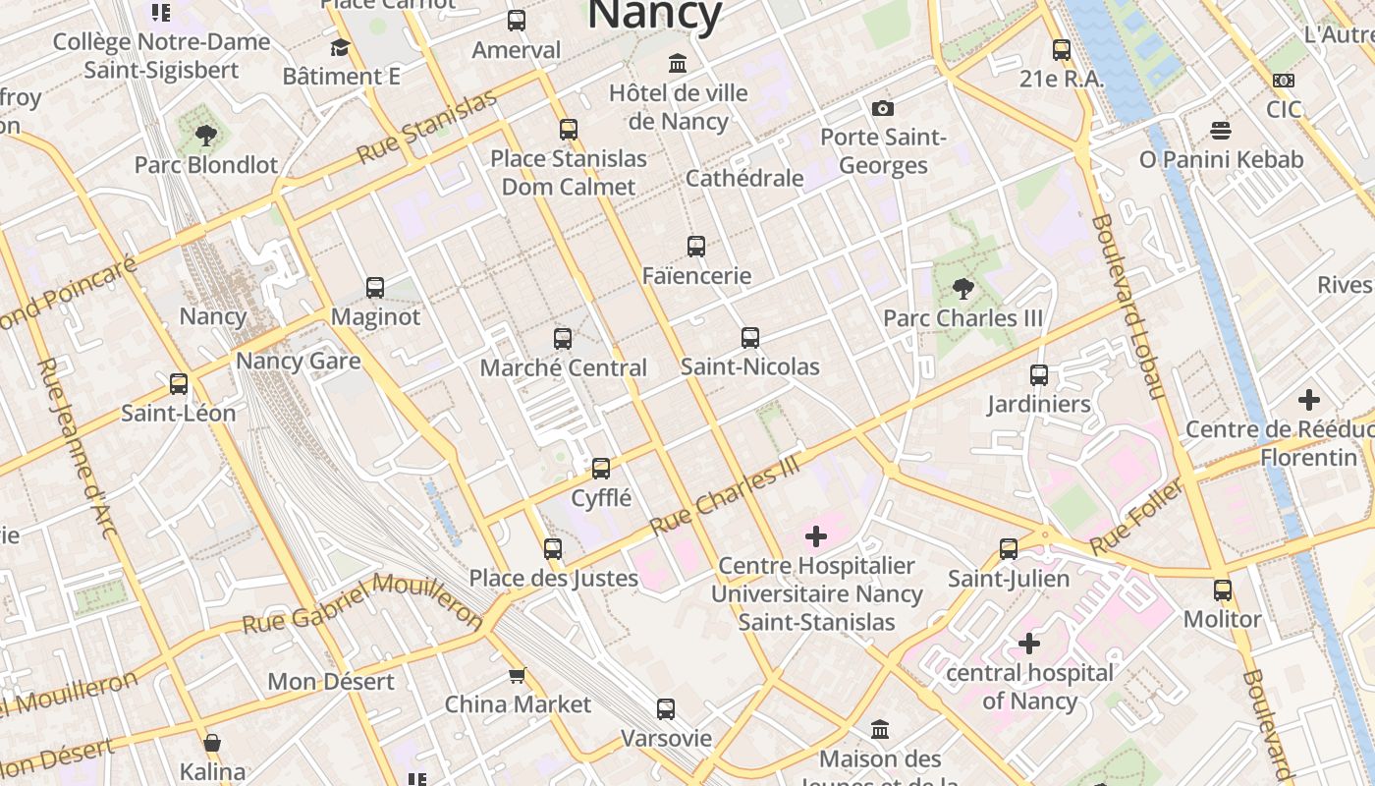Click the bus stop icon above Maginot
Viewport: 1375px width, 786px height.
coord(375,288)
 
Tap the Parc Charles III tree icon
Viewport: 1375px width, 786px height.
coord(962,289)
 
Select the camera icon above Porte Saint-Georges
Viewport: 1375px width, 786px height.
coord(882,108)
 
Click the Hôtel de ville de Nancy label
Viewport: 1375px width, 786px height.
coord(679,108)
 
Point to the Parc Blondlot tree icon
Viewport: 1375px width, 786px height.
coord(205,136)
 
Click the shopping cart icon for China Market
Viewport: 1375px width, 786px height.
coord(518,675)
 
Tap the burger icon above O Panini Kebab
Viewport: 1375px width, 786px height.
coord(1221,131)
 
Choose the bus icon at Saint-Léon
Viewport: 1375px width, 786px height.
coord(179,384)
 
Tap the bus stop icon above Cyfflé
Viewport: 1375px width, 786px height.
coord(601,469)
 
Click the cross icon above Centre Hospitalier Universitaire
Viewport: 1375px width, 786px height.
coord(816,536)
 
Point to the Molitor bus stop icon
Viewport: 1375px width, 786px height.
coord(1223,590)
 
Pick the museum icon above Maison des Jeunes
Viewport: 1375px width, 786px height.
coord(880,730)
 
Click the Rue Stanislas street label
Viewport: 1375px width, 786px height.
coord(427,127)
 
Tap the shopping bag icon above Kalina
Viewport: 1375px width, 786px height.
coord(212,743)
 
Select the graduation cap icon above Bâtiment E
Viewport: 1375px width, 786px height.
coord(341,47)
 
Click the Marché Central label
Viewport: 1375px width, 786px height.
coord(563,368)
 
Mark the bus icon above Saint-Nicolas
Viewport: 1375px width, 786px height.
coord(750,338)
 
